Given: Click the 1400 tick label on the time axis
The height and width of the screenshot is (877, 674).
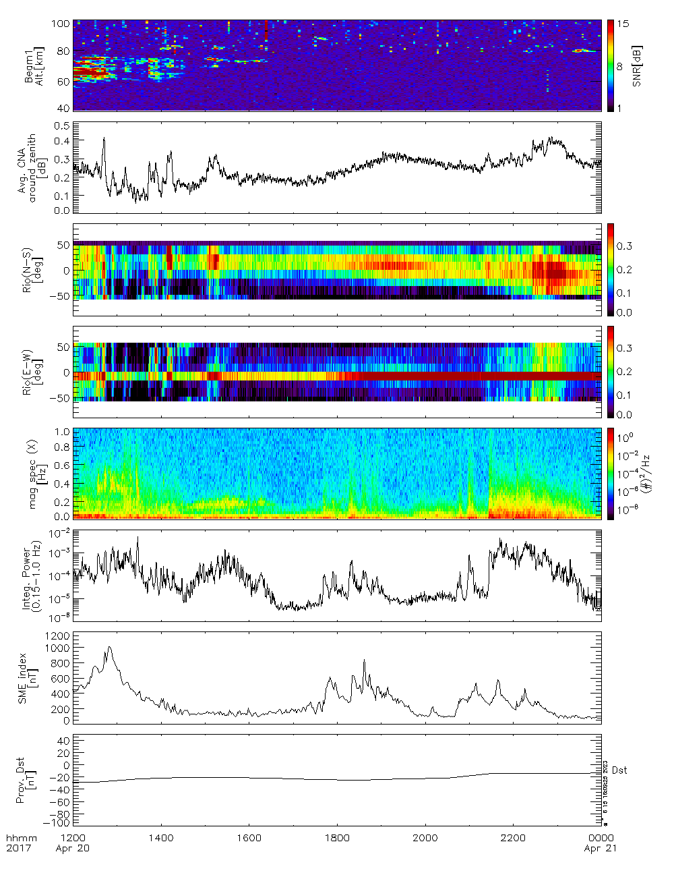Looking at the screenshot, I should pyautogui.click(x=160, y=838).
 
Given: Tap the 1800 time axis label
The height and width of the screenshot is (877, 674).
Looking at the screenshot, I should pyautogui.click(x=337, y=838).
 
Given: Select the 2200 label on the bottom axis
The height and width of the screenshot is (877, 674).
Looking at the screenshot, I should pyautogui.click(x=513, y=838).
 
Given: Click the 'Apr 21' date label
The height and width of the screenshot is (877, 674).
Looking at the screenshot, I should pyautogui.click(x=600, y=848).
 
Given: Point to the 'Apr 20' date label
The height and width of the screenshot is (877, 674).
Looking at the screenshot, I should pyautogui.click(x=72, y=848).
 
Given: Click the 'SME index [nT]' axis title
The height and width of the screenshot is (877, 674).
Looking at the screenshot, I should pyautogui.click(x=26, y=679).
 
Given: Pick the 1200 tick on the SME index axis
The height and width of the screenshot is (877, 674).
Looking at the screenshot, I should pyautogui.click(x=57, y=636).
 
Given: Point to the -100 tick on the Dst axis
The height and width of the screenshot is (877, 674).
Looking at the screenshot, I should pyautogui.click(x=55, y=823).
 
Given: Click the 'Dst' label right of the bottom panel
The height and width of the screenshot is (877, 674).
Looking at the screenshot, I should pyautogui.click(x=619, y=770).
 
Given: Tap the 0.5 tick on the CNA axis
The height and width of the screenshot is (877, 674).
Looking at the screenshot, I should pyautogui.click(x=62, y=126).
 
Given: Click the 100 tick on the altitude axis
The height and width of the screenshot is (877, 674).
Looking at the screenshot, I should pyautogui.click(x=61, y=24).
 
